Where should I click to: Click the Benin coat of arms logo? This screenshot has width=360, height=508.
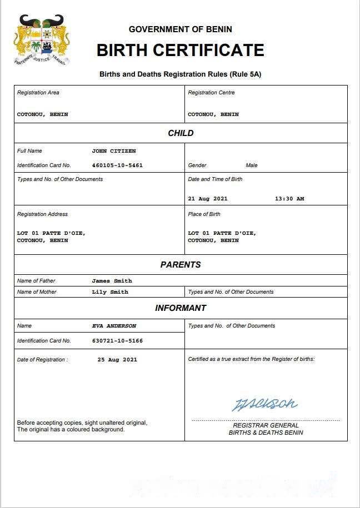(x=42, y=40)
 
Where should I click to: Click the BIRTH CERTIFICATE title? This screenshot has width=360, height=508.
(x=180, y=50)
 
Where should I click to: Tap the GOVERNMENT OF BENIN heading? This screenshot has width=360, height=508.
(x=180, y=29)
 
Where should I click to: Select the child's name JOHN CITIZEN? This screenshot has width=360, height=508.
(x=114, y=151)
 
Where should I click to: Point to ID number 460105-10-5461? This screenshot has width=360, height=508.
(x=117, y=165)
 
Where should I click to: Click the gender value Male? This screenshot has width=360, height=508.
(x=252, y=165)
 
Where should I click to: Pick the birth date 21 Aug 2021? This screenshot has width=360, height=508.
(x=208, y=199)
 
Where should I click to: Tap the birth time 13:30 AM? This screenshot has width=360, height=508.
(x=289, y=199)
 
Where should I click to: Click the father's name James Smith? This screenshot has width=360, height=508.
(x=112, y=281)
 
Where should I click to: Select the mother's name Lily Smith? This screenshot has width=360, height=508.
(x=110, y=292)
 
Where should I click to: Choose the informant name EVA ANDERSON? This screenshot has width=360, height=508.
(x=114, y=326)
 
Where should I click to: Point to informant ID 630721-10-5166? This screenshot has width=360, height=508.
(x=117, y=341)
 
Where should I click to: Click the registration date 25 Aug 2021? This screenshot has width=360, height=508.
(x=117, y=360)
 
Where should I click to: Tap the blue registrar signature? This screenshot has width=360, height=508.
(x=264, y=404)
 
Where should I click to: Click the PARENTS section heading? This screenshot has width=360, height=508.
(x=181, y=265)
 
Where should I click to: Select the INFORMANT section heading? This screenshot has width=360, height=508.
(x=181, y=308)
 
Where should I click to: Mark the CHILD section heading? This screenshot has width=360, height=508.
(x=181, y=133)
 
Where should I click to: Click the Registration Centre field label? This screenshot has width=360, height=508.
(x=211, y=93)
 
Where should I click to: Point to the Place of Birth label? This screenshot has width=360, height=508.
(x=204, y=214)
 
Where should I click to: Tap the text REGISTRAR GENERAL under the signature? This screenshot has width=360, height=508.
(x=266, y=425)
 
